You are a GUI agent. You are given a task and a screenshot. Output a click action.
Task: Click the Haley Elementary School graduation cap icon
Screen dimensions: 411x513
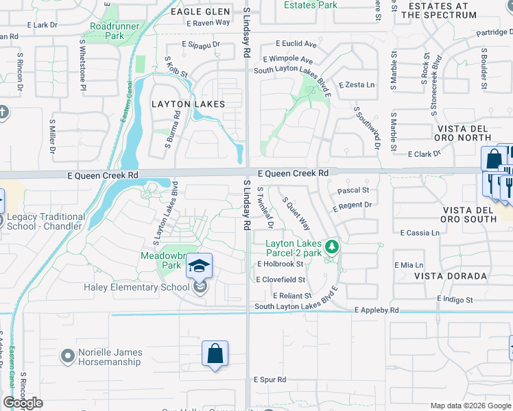click(199, 265)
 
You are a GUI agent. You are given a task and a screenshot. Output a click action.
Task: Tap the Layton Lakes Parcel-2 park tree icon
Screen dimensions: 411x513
click(332, 245)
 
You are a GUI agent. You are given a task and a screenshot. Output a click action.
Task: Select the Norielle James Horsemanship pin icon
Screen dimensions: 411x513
click(67, 356)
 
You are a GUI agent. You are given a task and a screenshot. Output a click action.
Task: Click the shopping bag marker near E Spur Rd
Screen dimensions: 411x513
click(215, 354)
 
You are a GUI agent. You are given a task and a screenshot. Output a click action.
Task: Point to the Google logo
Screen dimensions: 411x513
click(23, 403)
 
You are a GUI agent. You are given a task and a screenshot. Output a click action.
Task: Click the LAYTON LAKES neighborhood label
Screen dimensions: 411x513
click(188, 104)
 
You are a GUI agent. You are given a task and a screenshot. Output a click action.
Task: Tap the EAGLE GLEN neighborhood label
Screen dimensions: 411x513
click(195, 12)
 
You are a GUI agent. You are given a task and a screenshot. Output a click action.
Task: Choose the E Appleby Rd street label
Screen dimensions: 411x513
click(377, 310)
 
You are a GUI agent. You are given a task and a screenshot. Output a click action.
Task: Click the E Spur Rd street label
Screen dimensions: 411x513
click(270, 379)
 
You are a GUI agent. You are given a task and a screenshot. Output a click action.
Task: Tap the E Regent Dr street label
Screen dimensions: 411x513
click(352, 206)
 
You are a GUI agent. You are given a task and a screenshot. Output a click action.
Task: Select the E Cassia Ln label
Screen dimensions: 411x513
click(420, 233)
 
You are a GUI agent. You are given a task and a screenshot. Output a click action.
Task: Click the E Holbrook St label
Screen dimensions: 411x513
click(280, 264)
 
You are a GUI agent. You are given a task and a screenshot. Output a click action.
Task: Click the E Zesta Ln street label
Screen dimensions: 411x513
click(357, 85)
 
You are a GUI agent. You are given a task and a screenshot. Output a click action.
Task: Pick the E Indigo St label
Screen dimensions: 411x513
click(455, 299)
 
